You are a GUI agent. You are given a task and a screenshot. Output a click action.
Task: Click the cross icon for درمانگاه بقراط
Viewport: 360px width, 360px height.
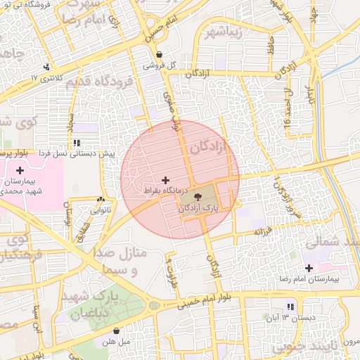[165, 181]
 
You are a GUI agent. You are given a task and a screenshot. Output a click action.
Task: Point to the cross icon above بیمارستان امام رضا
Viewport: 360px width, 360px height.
[309, 268]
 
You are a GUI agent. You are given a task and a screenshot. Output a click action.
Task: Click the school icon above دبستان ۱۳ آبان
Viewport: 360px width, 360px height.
[290, 307]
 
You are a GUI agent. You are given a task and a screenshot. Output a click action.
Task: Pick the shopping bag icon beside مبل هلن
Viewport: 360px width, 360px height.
[116, 331]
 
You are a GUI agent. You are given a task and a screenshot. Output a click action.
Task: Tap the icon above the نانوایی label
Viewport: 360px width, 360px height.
[101, 200]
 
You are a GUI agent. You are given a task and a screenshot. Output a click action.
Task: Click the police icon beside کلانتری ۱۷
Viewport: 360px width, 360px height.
[46, 67]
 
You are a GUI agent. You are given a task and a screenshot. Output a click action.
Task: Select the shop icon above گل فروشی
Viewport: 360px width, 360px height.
[160, 55]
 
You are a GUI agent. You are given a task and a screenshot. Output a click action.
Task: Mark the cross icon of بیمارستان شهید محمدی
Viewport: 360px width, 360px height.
[20, 170]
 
